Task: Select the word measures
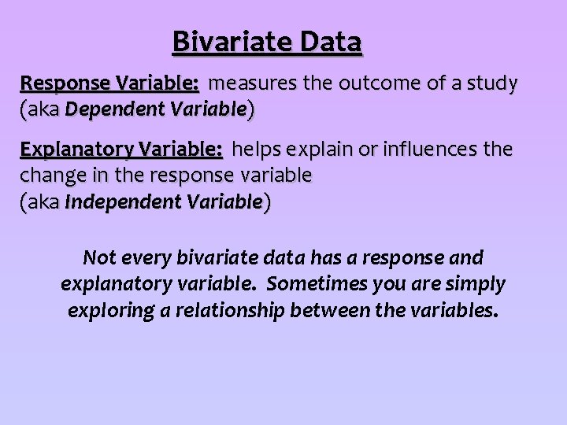tap(249, 83)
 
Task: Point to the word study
tap(490, 83)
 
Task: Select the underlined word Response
tap(65, 83)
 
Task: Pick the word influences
tap(425, 149)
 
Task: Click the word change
tap(46, 176)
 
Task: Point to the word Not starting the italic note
tap(99, 257)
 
